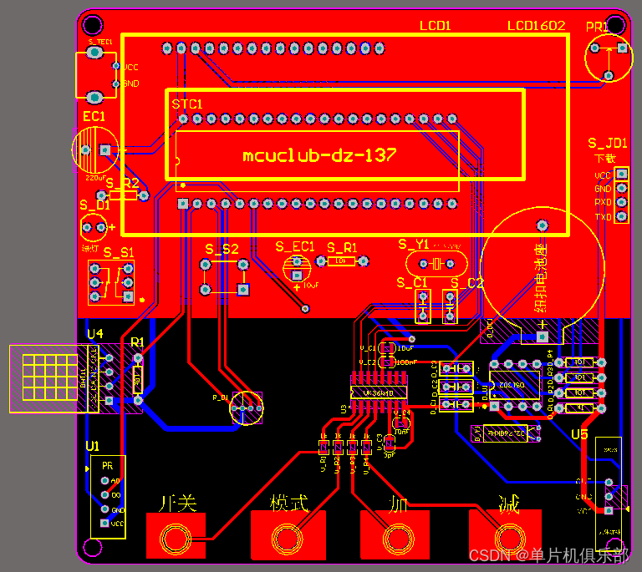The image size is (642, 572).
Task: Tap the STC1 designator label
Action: coord(187,104)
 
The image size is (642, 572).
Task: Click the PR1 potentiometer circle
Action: coord(609,58)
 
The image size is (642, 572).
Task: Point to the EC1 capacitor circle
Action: coord(94,150)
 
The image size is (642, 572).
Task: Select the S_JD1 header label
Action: coord(607,143)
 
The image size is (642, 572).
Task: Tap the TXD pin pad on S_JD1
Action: coord(621,217)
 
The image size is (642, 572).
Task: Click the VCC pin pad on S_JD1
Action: coord(621,175)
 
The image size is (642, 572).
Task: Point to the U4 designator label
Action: coord(95,334)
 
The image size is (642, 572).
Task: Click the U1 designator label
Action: coord(92,447)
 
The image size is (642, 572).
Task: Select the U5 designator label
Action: coord(579,435)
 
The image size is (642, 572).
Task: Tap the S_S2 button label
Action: coord(222,249)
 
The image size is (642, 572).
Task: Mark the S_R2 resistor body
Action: coord(123,195)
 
